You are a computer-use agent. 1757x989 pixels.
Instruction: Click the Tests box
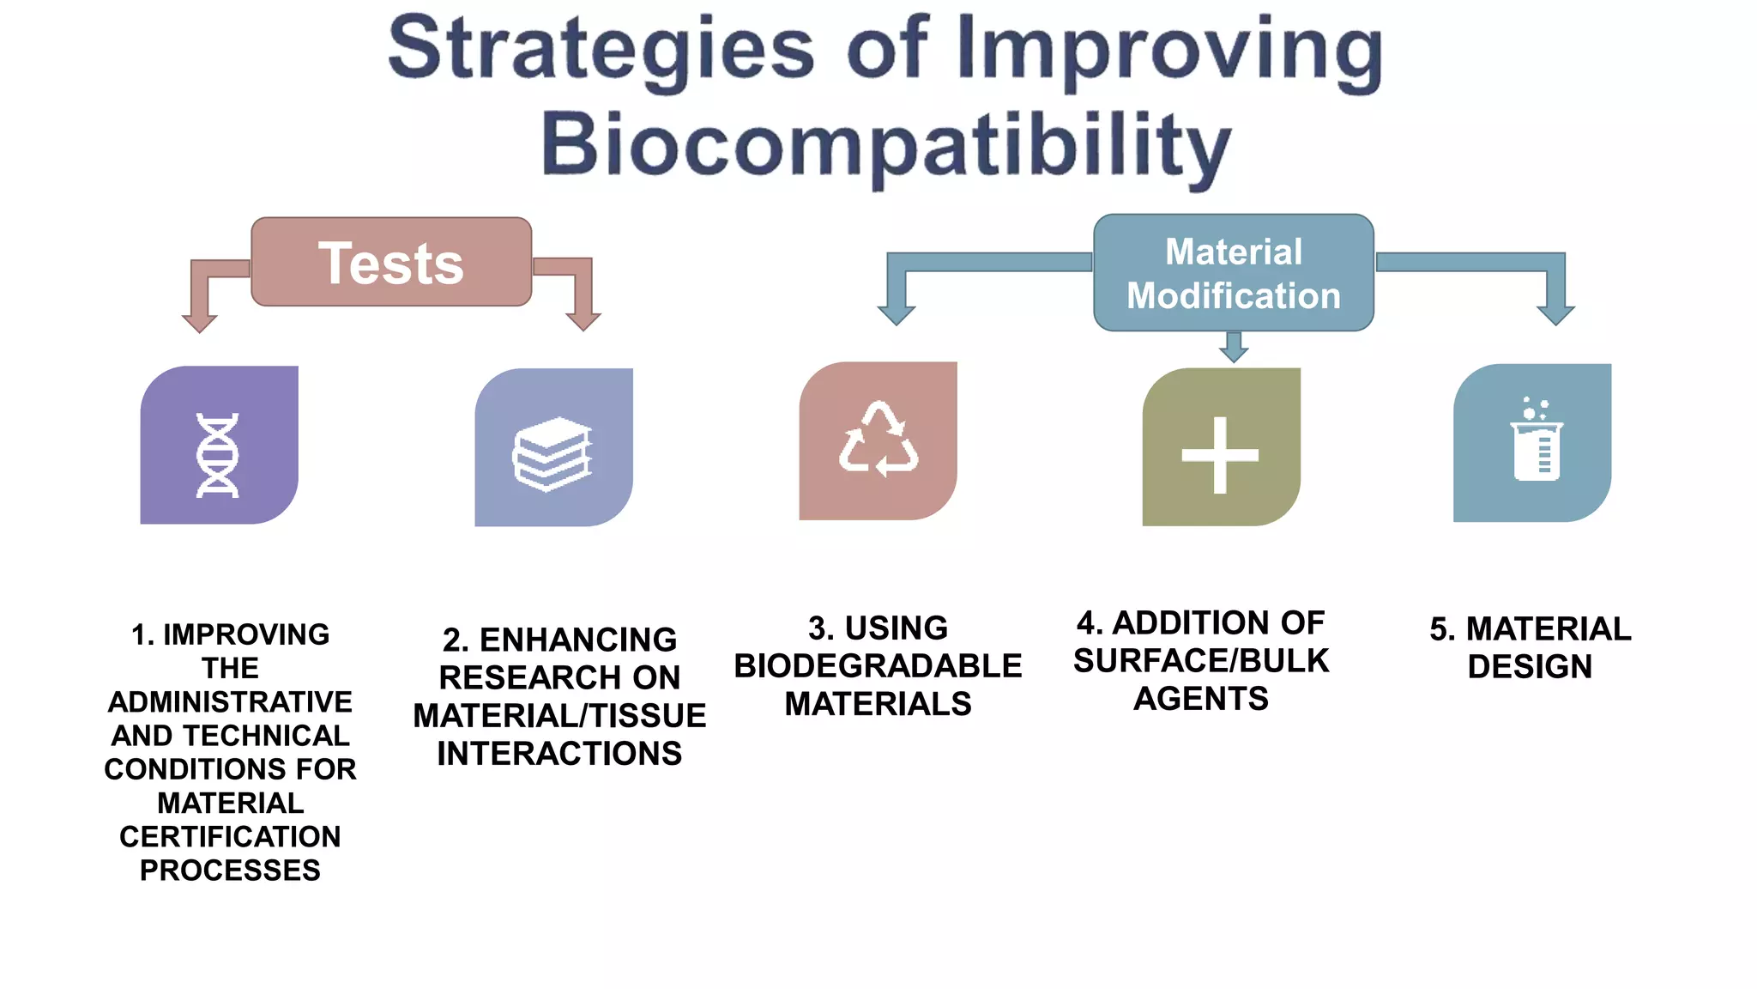(391, 262)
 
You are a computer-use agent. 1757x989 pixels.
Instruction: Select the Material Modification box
(1233, 273)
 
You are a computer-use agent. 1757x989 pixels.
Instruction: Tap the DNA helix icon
(218, 455)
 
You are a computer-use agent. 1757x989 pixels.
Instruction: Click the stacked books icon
(552, 454)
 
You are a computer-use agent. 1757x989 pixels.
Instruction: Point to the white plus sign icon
(1219, 455)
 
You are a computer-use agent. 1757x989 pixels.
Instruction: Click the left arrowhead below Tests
(200, 322)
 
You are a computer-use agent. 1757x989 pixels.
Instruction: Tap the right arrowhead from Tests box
(583, 320)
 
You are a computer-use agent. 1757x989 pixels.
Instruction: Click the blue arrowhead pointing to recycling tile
(897, 313)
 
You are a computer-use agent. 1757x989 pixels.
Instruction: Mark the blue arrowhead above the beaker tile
(1555, 313)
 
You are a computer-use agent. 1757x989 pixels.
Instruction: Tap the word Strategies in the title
(601, 50)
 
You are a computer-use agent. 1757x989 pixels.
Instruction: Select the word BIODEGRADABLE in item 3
(878, 666)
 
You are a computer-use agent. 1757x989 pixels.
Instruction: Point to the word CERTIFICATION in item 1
(230, 836)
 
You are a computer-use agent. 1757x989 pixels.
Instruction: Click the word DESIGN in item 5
(1530, 667)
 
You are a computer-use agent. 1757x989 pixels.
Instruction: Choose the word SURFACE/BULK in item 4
(1200, 661)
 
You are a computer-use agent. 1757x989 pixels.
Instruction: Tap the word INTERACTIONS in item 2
(559, 754)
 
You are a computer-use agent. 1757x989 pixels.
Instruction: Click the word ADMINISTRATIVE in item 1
(230, 701)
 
